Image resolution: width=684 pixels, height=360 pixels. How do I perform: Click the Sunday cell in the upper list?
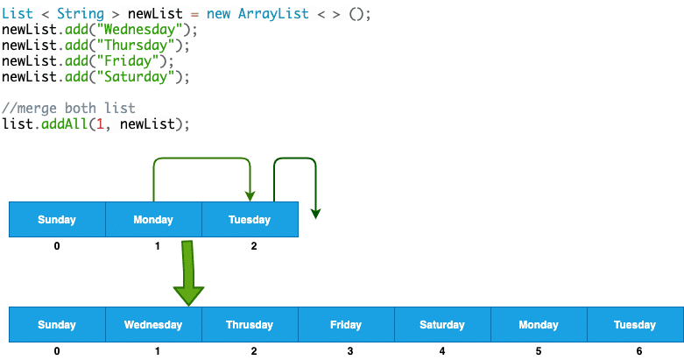coord(57,220)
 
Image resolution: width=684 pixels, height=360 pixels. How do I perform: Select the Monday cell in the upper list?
coord(153,220)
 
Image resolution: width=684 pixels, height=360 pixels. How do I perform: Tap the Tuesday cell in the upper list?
coord(250,220)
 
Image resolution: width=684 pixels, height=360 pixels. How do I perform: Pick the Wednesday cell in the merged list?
coord(153,325)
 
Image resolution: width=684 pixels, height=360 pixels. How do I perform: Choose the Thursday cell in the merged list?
coord(250,325)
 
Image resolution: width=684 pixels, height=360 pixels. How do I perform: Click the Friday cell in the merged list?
coord(346,325)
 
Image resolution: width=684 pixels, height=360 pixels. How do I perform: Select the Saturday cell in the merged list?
coord(442,325)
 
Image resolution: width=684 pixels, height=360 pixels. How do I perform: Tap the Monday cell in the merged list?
coord(539,325)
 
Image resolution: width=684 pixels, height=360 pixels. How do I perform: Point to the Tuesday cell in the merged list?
coord(635,325)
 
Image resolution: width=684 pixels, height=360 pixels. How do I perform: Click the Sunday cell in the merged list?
coord(57,325)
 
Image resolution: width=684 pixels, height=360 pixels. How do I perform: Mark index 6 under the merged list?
coord(638,351)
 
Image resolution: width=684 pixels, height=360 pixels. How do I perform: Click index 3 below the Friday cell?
coord(349,351)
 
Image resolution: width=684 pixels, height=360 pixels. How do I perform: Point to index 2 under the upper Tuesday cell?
coord(254,246)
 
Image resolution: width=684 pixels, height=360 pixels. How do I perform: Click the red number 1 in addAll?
coord(102,124)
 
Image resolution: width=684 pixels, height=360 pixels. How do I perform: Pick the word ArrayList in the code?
coord(271,14)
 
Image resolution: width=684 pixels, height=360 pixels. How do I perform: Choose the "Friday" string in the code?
coord(121,61)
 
